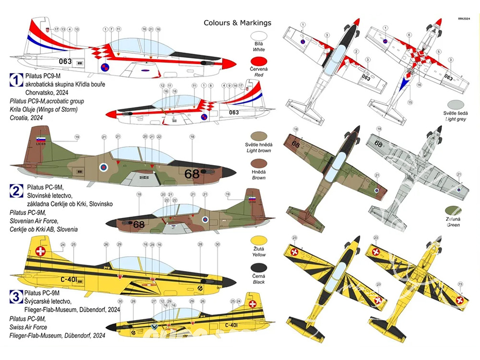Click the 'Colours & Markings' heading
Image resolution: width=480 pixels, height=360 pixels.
(x=237, y=23)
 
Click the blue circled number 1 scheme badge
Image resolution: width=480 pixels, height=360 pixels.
(x=16, y=80)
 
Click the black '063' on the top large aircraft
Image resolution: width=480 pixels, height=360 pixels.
(x=65, y=61)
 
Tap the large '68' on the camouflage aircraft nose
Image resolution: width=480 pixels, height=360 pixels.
(x=192, y=173)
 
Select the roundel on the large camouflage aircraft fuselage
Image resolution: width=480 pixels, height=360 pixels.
(x=103, y=168)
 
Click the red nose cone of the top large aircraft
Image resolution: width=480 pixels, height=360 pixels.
(x=229, y=63)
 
